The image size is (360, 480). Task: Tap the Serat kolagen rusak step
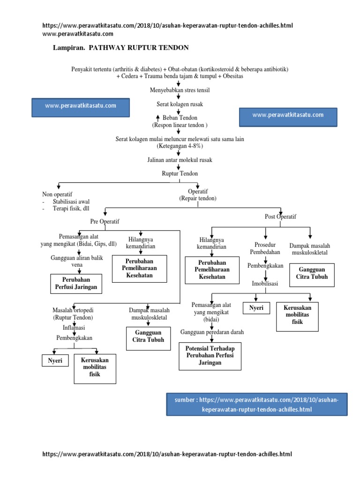coord(179,104)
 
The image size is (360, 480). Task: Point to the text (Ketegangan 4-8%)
coord(180,146)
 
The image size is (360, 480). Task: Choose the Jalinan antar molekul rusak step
coord(180,160)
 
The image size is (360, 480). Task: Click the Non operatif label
coord(57,194)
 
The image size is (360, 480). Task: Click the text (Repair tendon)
coord(197,198)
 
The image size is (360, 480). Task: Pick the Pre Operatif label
coord(105,221)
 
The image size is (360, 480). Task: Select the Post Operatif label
coord(280,216)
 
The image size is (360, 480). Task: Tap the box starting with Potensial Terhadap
coord(210,356)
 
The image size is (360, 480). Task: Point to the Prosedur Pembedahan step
coord(265,248)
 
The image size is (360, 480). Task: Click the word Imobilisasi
coord(265,284)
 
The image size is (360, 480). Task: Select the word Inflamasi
coord(74,327)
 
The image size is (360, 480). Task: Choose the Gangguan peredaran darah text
coord(212,332)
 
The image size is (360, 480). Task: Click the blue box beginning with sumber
coord(256,404)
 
